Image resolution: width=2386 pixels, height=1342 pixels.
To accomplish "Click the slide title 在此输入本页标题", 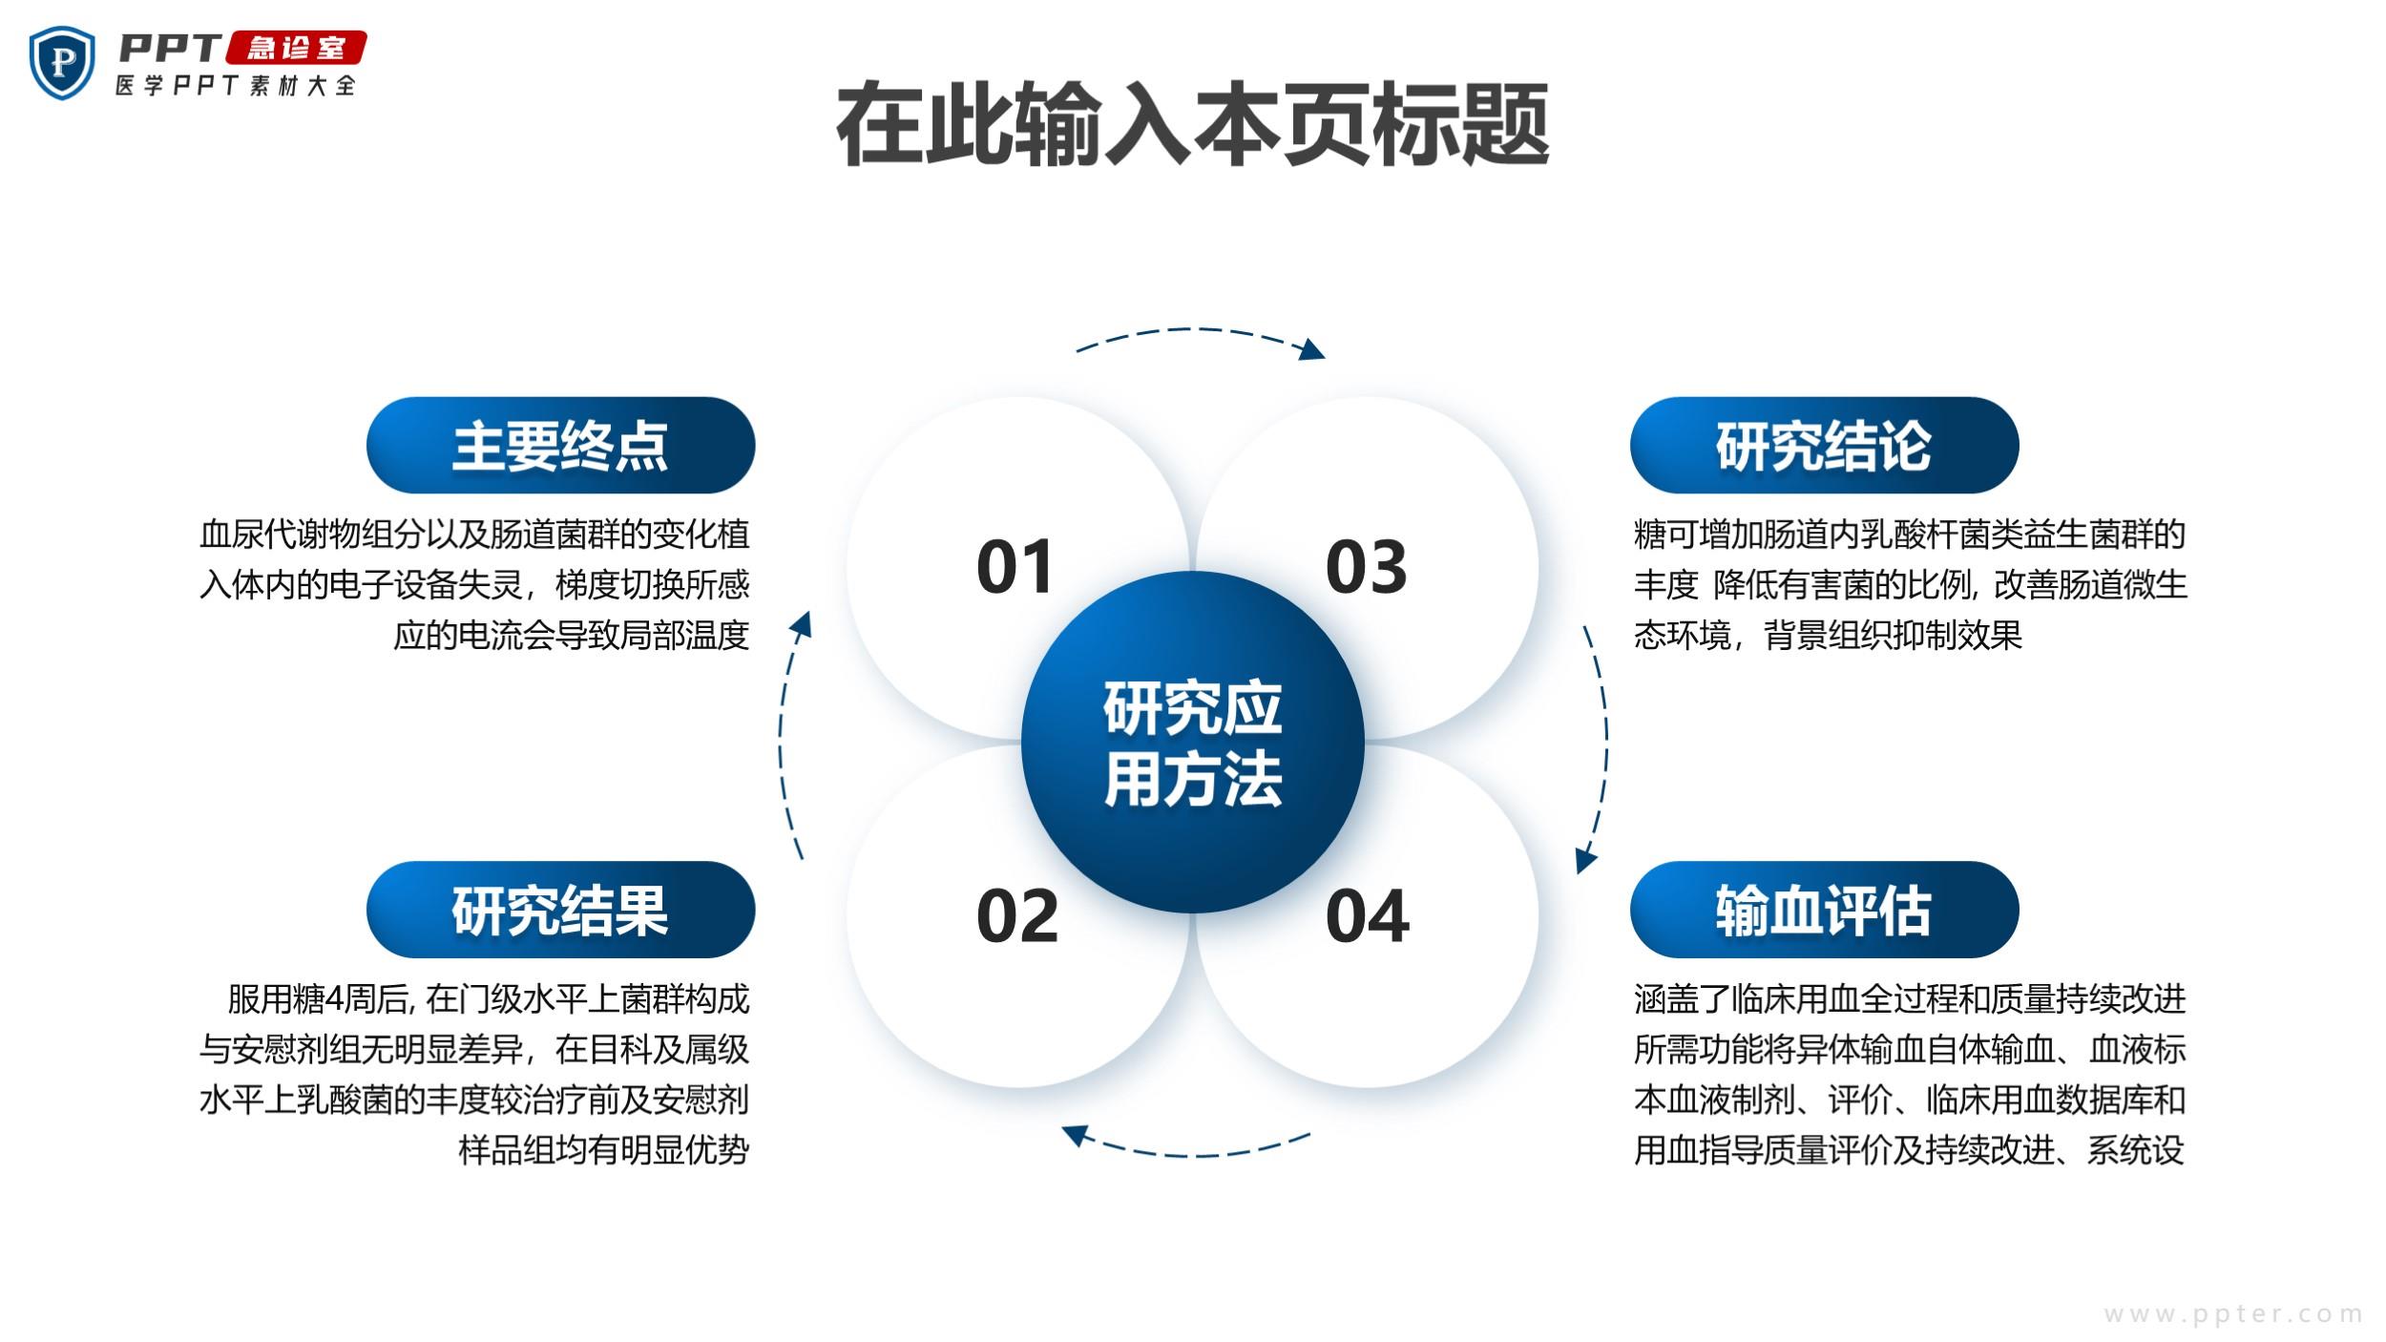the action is click(1193, 125).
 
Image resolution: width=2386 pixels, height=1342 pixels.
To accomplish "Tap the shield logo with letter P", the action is click(63, 63).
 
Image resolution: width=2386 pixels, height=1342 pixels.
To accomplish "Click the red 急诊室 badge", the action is click(297, 48).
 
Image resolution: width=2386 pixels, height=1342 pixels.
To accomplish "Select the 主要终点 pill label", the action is click(560, 445).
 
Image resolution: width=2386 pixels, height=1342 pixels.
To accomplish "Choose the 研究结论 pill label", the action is click(1824, 445).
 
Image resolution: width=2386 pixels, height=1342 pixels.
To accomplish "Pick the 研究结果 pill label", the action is click(560, 910).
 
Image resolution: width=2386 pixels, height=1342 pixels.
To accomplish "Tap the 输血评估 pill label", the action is click(1824, 910).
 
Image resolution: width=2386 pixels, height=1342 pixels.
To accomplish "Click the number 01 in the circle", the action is click(1015, 567).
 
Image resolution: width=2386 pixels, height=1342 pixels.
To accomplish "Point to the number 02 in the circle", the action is click(1017, 916).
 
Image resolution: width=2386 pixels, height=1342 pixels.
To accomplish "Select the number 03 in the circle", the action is click(1367, 567).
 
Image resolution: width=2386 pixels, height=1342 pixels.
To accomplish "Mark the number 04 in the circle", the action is click(1368, 916).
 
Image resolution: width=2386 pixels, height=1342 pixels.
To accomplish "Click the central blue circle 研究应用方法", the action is click(1193, 742).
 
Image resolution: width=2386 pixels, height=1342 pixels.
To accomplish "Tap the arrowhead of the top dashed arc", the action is click(1313, 349).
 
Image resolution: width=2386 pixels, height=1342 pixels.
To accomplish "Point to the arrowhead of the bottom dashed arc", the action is click(1075, 1134).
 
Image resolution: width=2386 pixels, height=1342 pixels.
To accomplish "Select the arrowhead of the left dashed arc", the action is click(802, 625).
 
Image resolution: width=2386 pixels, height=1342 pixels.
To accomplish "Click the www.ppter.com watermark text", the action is click(2233, 1314).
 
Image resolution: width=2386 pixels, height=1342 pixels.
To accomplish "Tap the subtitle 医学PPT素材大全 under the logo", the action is click(236, 85).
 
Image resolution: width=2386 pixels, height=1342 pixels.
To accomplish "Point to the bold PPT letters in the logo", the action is click(170, 48).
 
